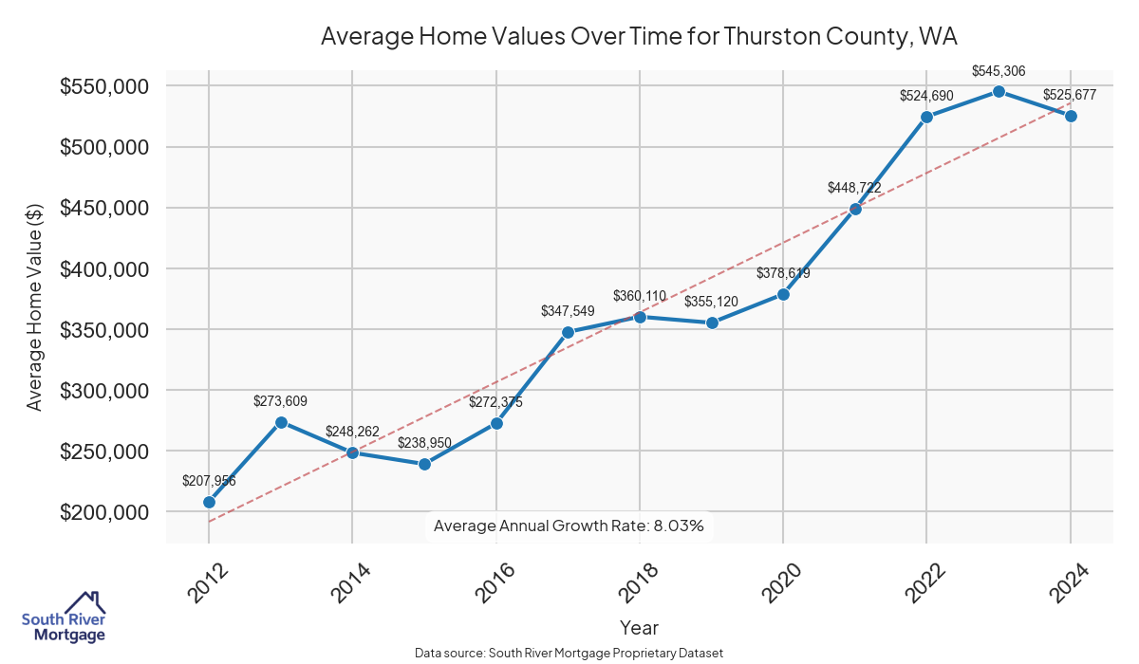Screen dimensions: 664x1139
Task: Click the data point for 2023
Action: (999, 91)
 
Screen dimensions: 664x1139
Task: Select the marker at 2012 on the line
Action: (209, 502)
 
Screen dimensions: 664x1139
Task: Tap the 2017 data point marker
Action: (568, 332)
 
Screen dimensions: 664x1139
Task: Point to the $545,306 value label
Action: (999, 71)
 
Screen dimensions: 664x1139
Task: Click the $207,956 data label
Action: (209, 481)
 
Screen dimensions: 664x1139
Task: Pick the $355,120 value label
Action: (712, 303)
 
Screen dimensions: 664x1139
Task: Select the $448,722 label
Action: (855, 188)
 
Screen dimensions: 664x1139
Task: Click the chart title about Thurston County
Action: (639, 37)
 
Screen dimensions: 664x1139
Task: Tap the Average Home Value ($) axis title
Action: (35, 306)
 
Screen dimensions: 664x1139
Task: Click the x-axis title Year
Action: (639, 627)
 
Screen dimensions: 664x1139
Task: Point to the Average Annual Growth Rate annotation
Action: (569, 526)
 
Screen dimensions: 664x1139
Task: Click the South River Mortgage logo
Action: (64, 617)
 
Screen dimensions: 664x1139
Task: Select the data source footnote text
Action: (569, 654)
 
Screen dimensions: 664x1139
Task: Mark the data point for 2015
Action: (424, 464)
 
